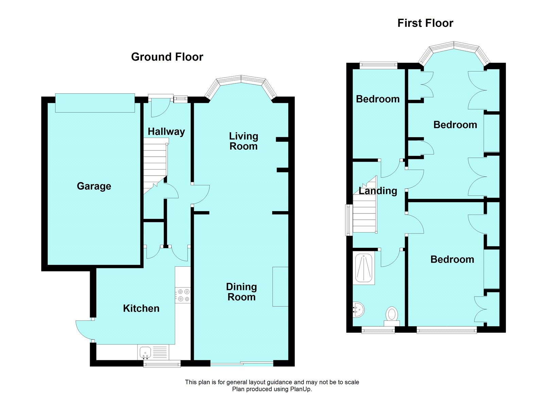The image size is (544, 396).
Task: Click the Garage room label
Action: [94, 186]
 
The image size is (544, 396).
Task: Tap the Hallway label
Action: [166, 131]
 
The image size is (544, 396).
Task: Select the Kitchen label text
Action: [141, 308]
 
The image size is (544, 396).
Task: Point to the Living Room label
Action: [243, 141]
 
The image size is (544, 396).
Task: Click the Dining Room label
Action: [241, 292]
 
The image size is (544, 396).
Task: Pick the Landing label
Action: [378, 191]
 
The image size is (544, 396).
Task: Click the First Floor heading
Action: [425, 23]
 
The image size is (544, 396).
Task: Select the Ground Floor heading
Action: [167, 57]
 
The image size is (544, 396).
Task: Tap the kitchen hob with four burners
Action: [183, 295]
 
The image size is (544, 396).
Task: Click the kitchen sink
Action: [145, 352]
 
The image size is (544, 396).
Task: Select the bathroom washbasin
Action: [358, 309]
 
